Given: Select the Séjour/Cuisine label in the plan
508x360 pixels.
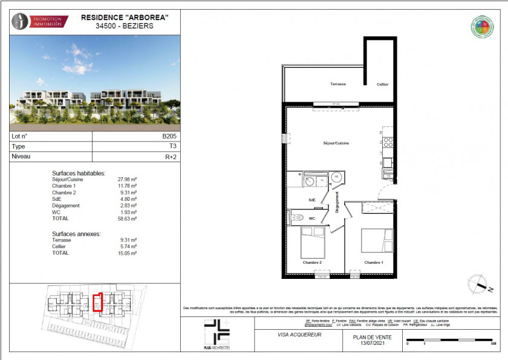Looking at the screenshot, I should click(x=336, y=143).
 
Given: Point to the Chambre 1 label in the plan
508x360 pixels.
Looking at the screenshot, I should click(x=373, y=263).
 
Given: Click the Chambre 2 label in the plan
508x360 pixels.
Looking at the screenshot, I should click(x=313, y=263).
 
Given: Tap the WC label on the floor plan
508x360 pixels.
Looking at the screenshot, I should click(x=311, y=218).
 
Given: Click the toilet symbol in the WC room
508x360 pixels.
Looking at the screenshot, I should click(x=296, y=218).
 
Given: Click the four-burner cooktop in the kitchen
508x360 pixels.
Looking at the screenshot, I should click(x=388, y=143).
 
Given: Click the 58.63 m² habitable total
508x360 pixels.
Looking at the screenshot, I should click(x=127, y=219).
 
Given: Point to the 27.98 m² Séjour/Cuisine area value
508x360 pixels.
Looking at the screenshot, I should click(x=127, y=180).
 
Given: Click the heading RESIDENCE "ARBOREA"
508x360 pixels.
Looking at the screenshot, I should click(x=124, y=18).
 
